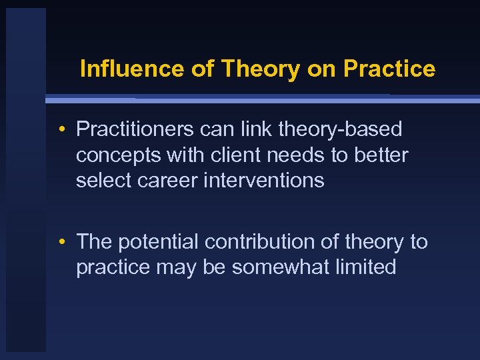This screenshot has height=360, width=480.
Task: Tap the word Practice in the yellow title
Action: coord(389,69)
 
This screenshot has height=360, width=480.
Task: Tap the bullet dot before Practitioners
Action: coord(61,129)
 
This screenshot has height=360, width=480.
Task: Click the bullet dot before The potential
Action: coord(61,242)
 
